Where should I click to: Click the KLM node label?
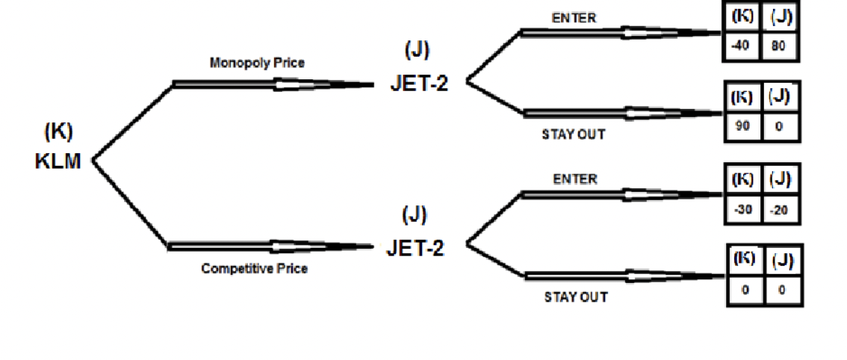coord(58,161)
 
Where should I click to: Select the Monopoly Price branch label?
coord(257,63)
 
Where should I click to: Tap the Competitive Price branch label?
coord(254,269)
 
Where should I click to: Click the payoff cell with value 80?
coord(780,46)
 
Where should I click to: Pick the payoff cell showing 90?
coord(742,126)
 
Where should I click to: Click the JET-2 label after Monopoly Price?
coord(419,83)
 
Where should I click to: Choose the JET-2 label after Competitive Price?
coord(415,248)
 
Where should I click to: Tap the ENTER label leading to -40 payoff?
coord(574,18)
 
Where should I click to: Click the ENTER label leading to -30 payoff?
coord(575,179)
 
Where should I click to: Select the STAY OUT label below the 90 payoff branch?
coord(574,135)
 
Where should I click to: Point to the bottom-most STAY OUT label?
coord(575,297)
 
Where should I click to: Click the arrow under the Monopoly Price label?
coord(273,84)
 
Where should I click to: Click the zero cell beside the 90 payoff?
coord(779,126)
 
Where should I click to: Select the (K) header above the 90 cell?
coord(742,97)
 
